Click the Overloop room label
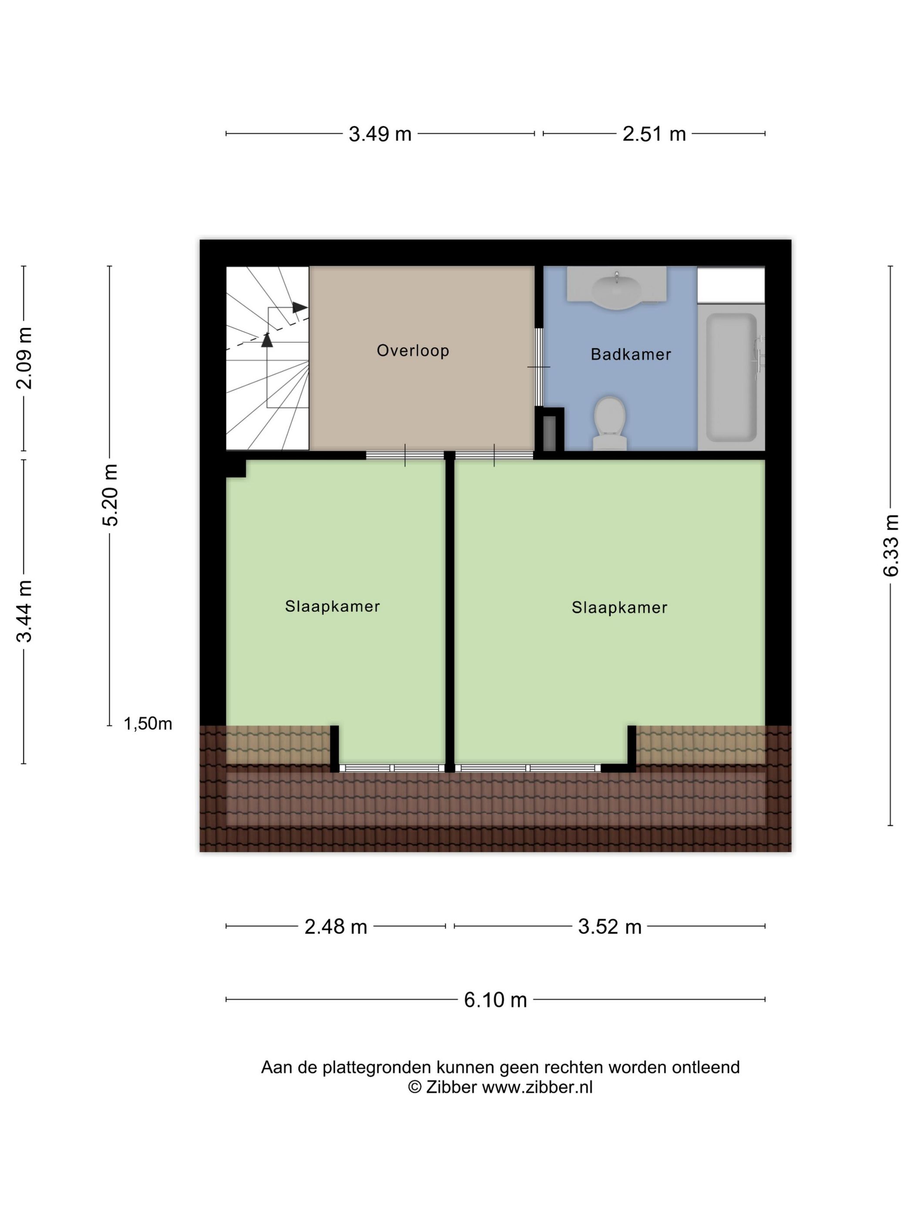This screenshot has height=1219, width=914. click(x=413, y=350)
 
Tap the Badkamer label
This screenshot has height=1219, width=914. click(x=631, y=354)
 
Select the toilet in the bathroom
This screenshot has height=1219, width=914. click(x=610, y=423)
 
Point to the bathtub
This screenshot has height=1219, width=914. click(x=731, y=377)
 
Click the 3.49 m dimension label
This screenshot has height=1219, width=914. click(x=380, y=134)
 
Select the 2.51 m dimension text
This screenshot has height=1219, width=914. click(x=654, y=134)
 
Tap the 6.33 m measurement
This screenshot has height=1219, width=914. click(x=890, y=545)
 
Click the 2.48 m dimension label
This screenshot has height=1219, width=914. click(x=336, y=927)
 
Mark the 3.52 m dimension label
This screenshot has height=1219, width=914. click(x=610, y=927)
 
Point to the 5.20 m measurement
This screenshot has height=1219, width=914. click(x=110, y=495)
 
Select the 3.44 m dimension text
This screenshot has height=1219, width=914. click(x=24, y=612)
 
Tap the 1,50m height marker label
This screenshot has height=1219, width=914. click(x=148, y=724)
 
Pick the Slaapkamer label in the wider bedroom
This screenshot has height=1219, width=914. click(x=619, y=608)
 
